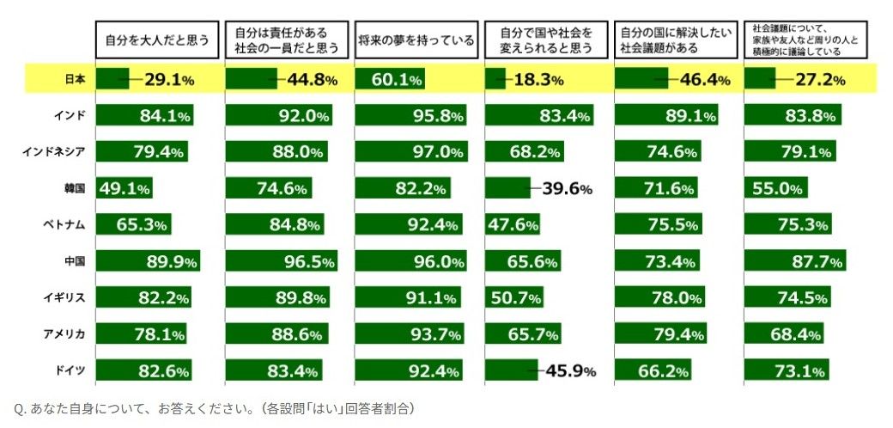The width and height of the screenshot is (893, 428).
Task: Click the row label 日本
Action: [75, 79]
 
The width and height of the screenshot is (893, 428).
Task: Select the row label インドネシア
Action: [54, 152]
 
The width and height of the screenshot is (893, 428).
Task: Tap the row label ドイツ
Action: [70, 370]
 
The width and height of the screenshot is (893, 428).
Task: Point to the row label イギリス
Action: [64, 297]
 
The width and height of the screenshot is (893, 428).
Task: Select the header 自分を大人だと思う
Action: [156, 40]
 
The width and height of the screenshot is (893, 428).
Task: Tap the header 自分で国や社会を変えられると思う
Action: [546, 40]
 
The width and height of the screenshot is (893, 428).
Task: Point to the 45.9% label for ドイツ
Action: [568, 371]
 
